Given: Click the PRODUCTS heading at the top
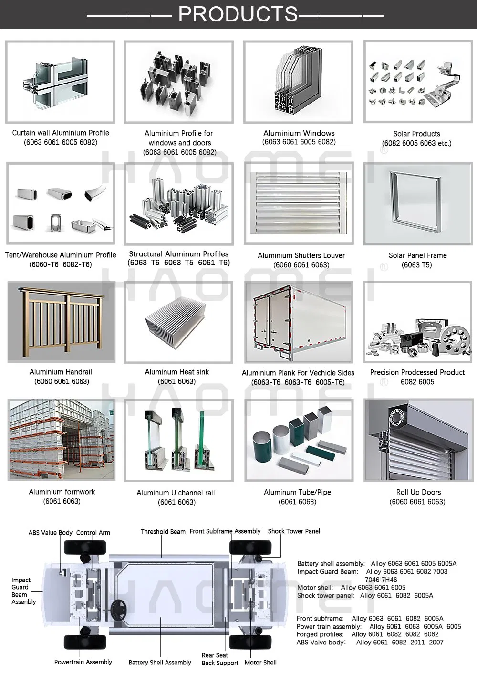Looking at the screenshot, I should pos(238,14).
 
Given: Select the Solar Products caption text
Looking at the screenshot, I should pos(416,134).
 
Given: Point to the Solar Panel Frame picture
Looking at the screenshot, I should pos(417,203).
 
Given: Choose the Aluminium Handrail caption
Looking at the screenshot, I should pos(61,372).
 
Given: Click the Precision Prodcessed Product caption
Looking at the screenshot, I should pos(417,372).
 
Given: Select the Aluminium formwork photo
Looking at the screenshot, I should pos(62,439).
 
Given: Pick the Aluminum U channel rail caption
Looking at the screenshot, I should pos(176,493).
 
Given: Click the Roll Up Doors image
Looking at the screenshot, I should pos(418,440).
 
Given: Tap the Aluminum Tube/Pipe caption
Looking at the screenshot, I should pos(297,492).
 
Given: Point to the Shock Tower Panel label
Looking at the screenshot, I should pos(294,531).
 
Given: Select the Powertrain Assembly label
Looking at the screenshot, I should pos(83,662).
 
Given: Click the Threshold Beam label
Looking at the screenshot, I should pos(163,532).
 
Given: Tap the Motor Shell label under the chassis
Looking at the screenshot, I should pos(260,663).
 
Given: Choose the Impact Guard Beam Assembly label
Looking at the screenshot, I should pos(23,591).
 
